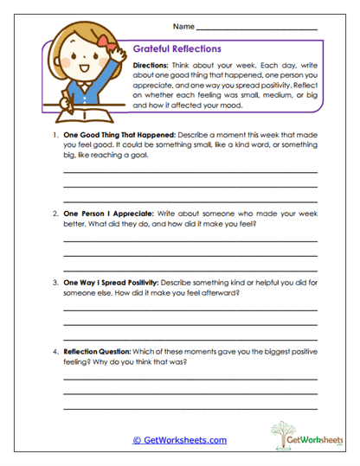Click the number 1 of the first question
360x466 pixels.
click(54, 137)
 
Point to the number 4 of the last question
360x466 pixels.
click(54, 351)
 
